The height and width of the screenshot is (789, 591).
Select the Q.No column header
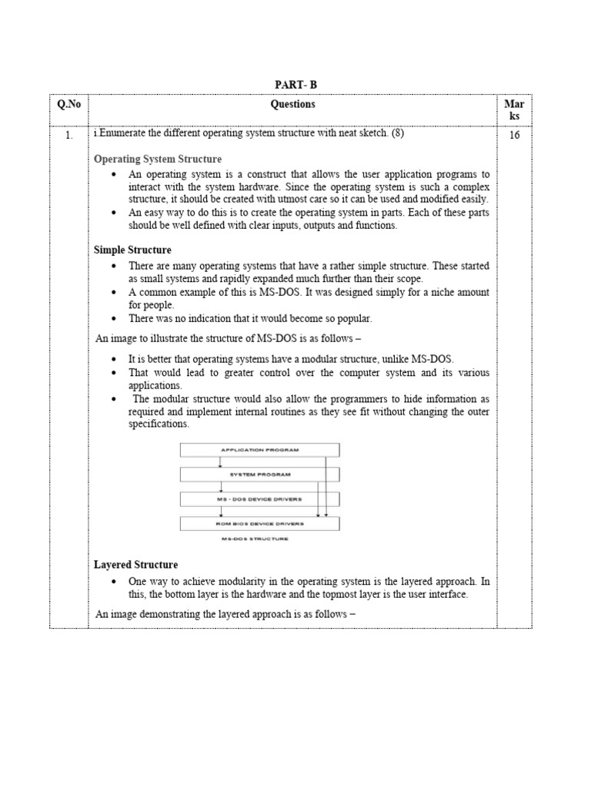tap(68, 105)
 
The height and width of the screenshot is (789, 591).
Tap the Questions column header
tap(292, 105)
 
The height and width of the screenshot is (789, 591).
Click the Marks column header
tap(514, 109)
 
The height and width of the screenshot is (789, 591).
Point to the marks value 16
tap(514, 136)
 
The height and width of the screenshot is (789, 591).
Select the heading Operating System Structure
tap(158, 159)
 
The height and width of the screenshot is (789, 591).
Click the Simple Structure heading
tap(132, 250)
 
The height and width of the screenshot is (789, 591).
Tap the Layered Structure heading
tap(135, 565)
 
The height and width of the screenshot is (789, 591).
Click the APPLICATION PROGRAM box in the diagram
tap(259, 449)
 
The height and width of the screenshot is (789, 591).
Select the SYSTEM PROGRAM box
tap(259, 474)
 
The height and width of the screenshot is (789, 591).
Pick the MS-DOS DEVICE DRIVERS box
tap(259, 499)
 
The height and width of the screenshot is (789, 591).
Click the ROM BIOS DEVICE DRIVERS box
tap(259, 523)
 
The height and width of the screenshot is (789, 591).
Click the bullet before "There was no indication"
tap(114, 319)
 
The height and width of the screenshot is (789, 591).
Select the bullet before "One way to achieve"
tap(114, 582)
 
